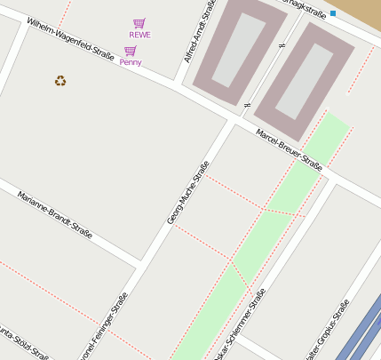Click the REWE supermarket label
(139, 35)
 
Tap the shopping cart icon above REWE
(139, 23)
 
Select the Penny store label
(131, 62)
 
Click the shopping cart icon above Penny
(131, 51)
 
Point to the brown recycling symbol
(60, 81)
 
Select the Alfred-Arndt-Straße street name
(200, 31)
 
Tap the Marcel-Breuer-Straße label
(289, 148)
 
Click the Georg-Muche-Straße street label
(188, 192)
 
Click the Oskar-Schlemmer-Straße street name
(243, 324)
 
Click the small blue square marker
(333, 12)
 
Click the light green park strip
(266, 231)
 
